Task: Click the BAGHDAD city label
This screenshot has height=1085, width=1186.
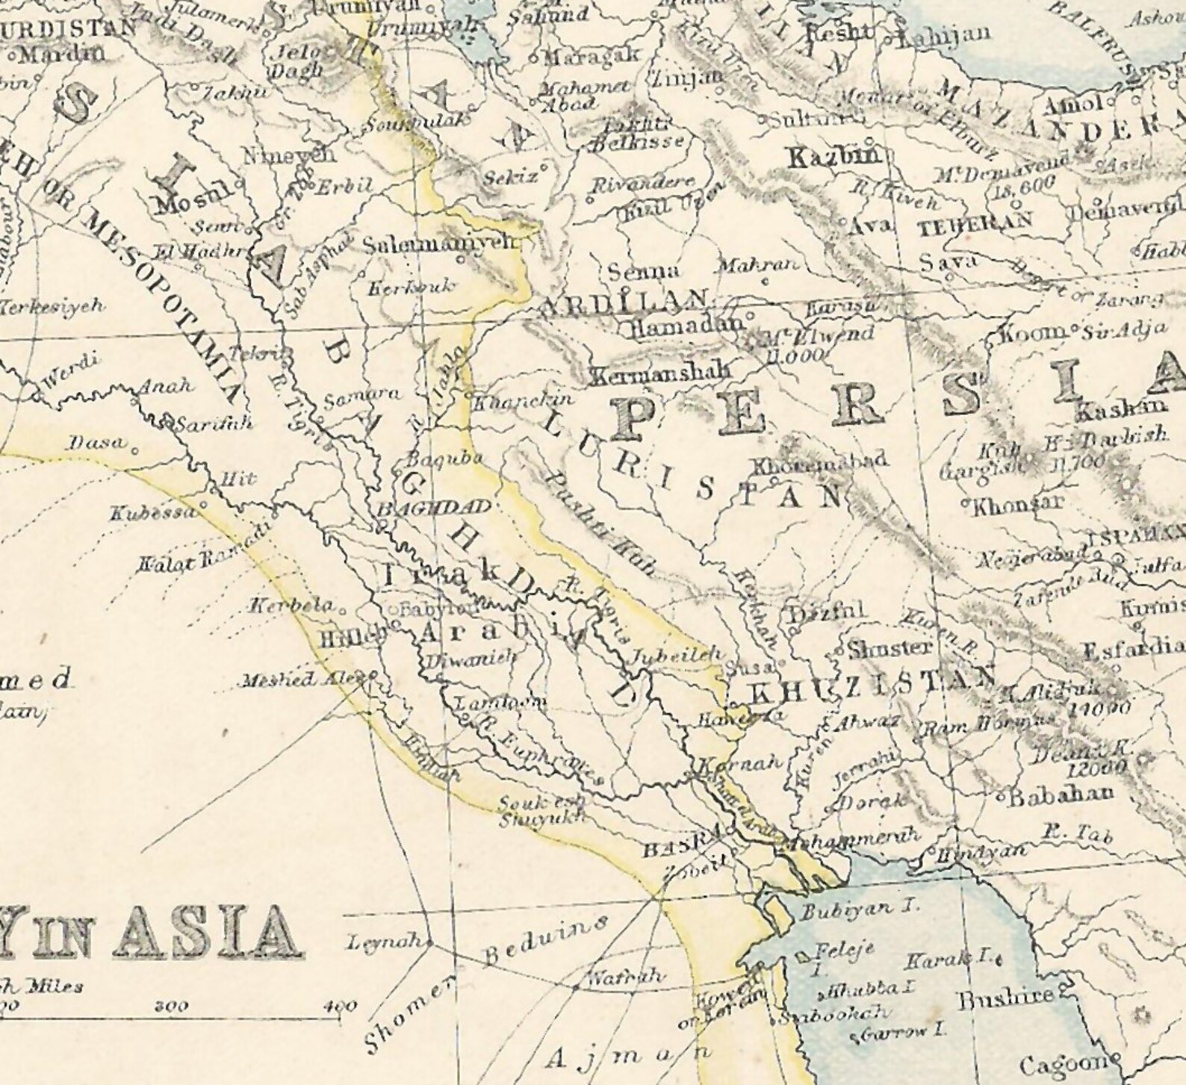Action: (435, 509)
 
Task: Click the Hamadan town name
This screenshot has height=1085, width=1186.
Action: (686, 326)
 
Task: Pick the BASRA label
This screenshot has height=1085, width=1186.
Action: (682, 849)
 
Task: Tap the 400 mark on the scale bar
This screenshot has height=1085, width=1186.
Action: (341, 1006)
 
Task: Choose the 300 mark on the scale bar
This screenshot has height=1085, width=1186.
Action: (171, 1006)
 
